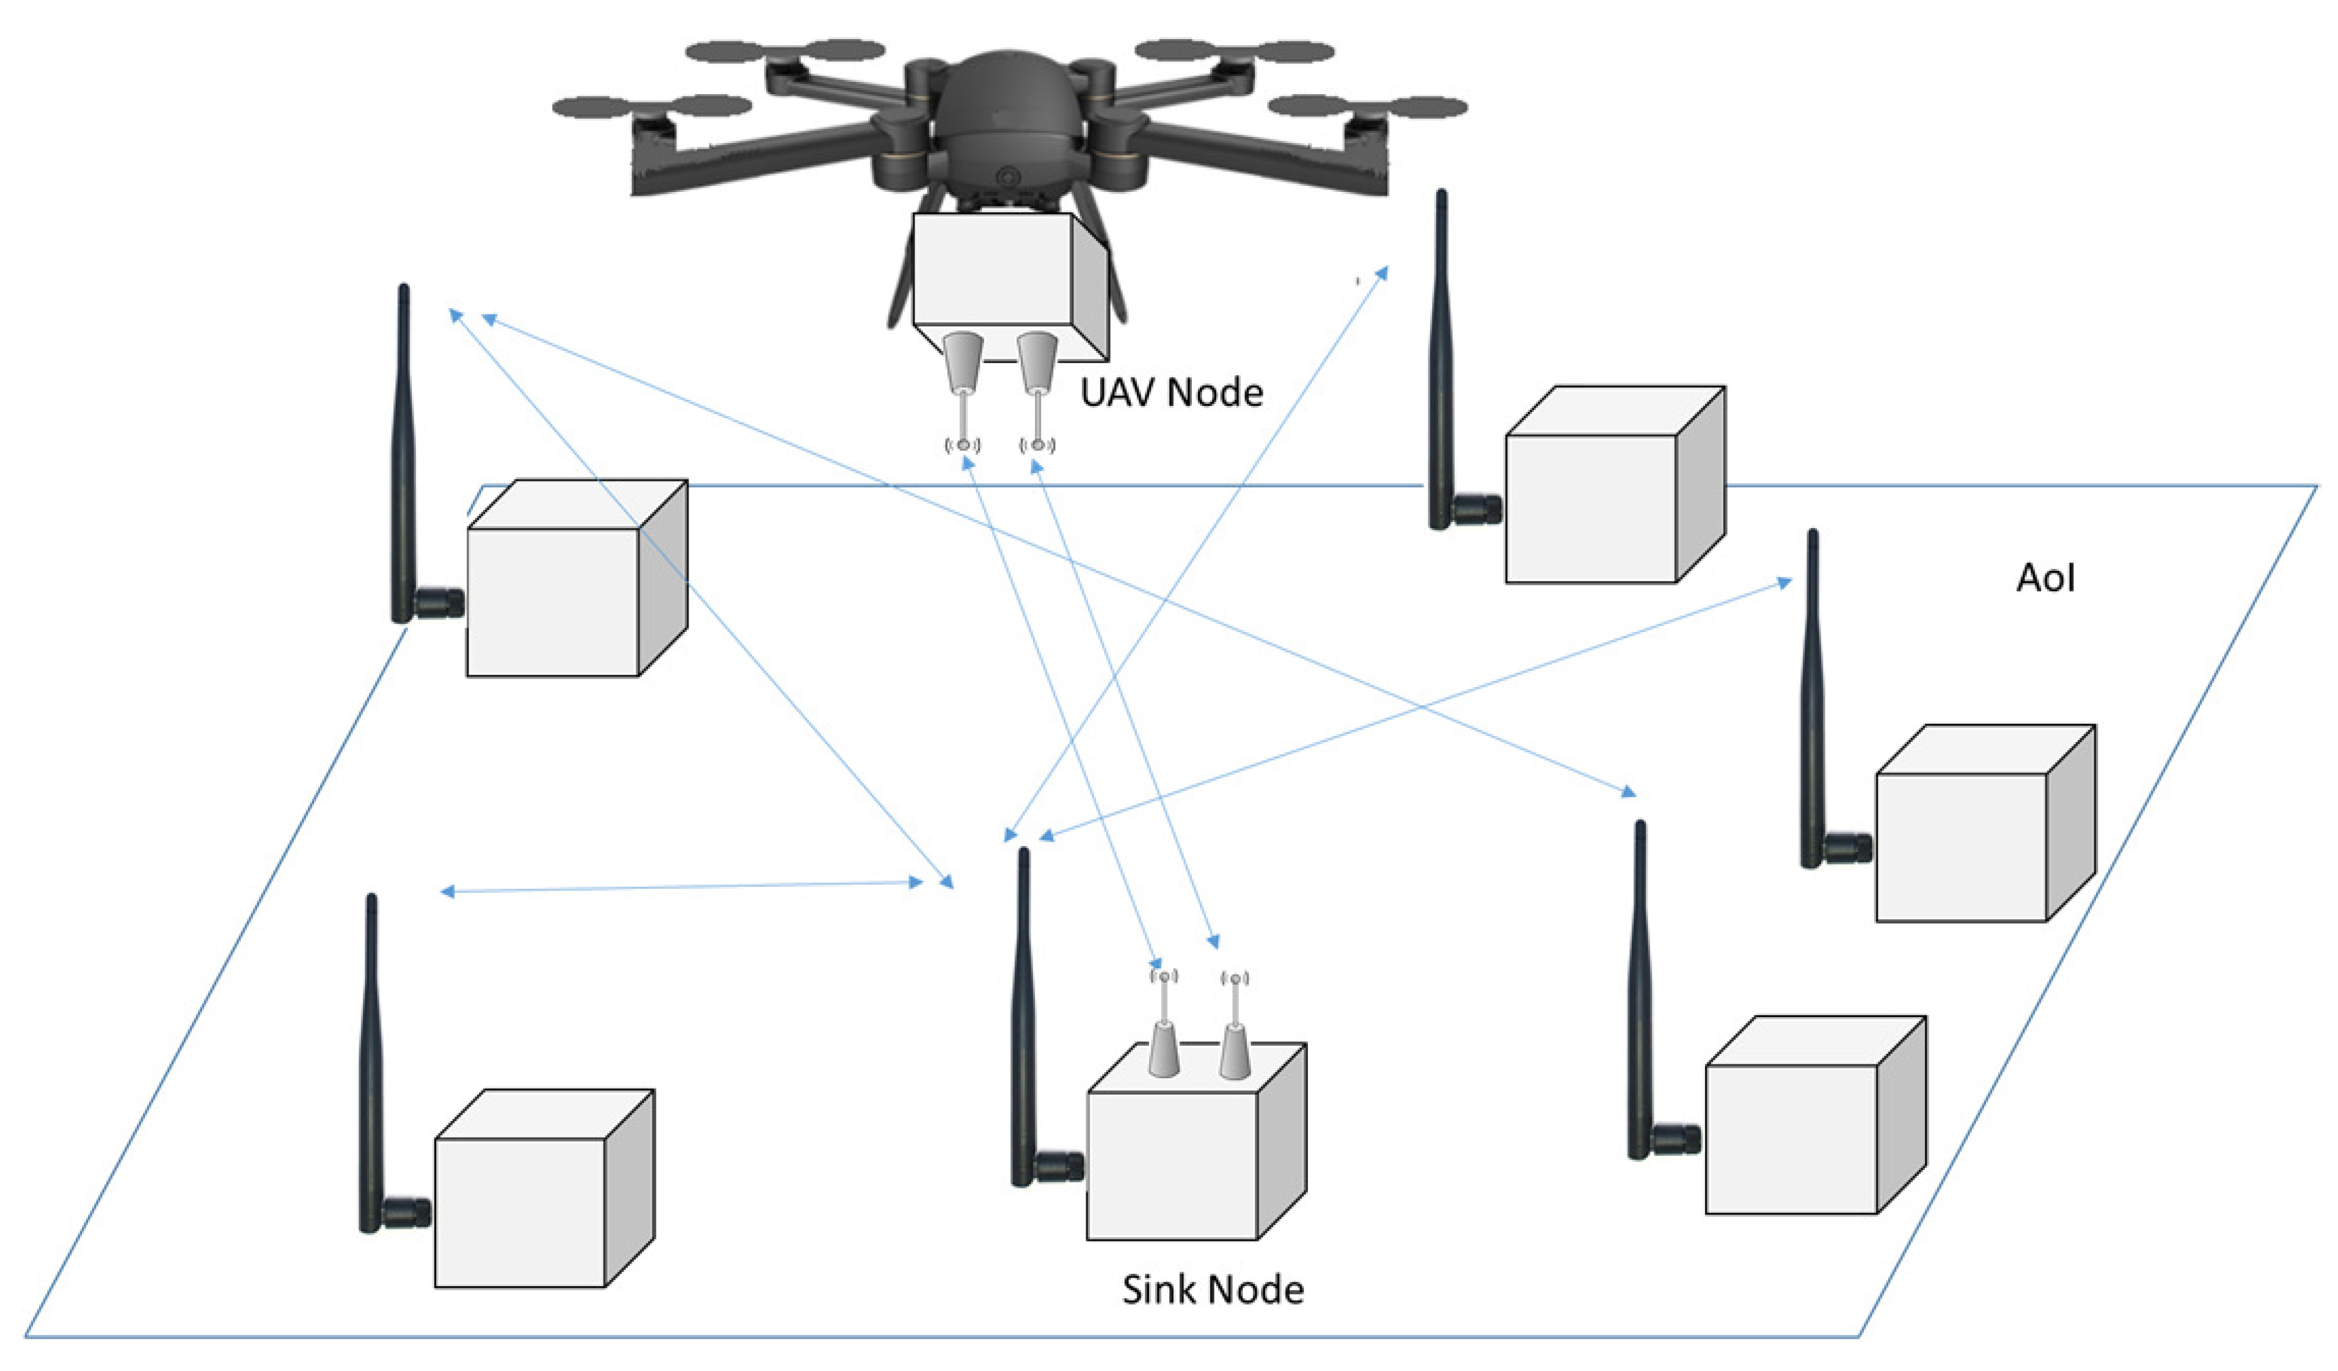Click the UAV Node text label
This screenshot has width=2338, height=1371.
pyautogui.click(x=1171, y=392)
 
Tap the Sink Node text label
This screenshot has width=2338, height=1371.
pyautogui.click(x=1213, y=1290)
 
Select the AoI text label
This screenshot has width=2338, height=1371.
pyautogui.click(x=2046, y=578)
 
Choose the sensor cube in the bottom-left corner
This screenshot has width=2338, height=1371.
pyautogui.click(x=544, y=1188)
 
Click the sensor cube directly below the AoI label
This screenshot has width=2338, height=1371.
pyautogui.click(x=1985, y=823)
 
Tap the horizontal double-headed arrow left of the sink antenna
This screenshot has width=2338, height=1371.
pyautogui.click(x=681, y=886)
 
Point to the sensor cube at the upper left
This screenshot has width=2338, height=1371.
pyautogui.click(x=576, y=578)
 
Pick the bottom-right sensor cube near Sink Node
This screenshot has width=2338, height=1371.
pyautogui.click(x=1816, y=1114)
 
